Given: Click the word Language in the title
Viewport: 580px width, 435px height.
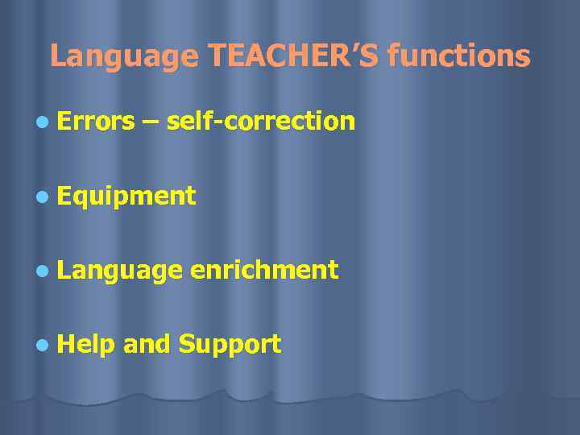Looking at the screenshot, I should [x=123, y=57].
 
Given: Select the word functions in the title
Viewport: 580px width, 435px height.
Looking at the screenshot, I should [x=458, y=56].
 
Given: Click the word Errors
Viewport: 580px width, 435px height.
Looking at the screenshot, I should [x=96, y=121].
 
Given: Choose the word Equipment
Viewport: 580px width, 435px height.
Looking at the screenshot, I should [x=126, y=196].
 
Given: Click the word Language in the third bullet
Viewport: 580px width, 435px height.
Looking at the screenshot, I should [x=120, y=271].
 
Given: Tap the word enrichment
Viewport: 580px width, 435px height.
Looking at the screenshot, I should [x=264, y=270].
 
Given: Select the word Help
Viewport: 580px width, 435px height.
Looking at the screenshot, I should [x=85, y=345].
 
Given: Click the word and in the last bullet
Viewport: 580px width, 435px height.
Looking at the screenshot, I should [x=146, y=345].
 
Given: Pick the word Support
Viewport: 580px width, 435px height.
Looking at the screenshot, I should [x=230, y=346].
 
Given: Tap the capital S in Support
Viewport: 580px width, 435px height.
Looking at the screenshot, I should [x=187, y=344].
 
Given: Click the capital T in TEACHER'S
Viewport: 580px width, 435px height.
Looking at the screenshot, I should [x=217, y=56].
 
